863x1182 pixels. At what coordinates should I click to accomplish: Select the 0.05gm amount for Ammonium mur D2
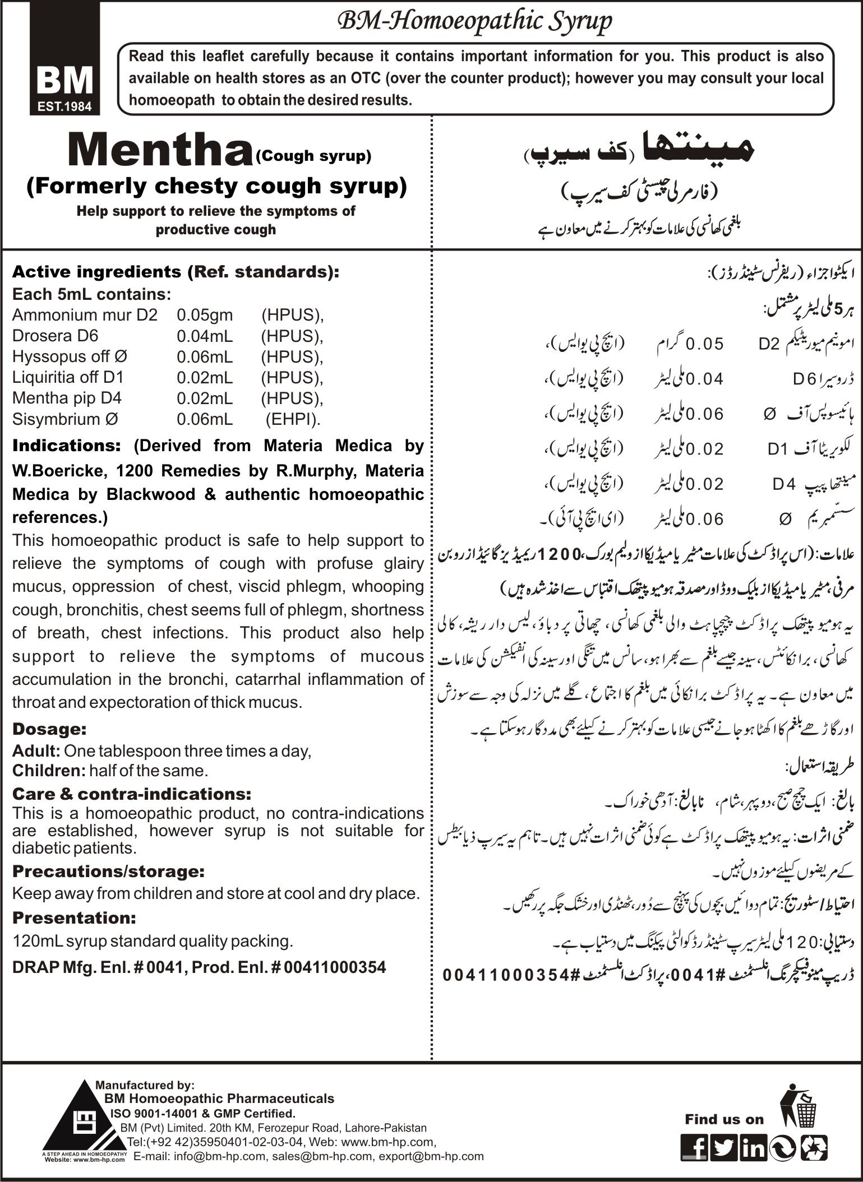click(205, 315)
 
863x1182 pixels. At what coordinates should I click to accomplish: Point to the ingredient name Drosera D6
click(55, 336)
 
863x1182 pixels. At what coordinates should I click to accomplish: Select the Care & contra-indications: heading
click(132, 794)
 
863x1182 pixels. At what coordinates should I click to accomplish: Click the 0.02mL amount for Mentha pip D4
click(205, 398)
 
